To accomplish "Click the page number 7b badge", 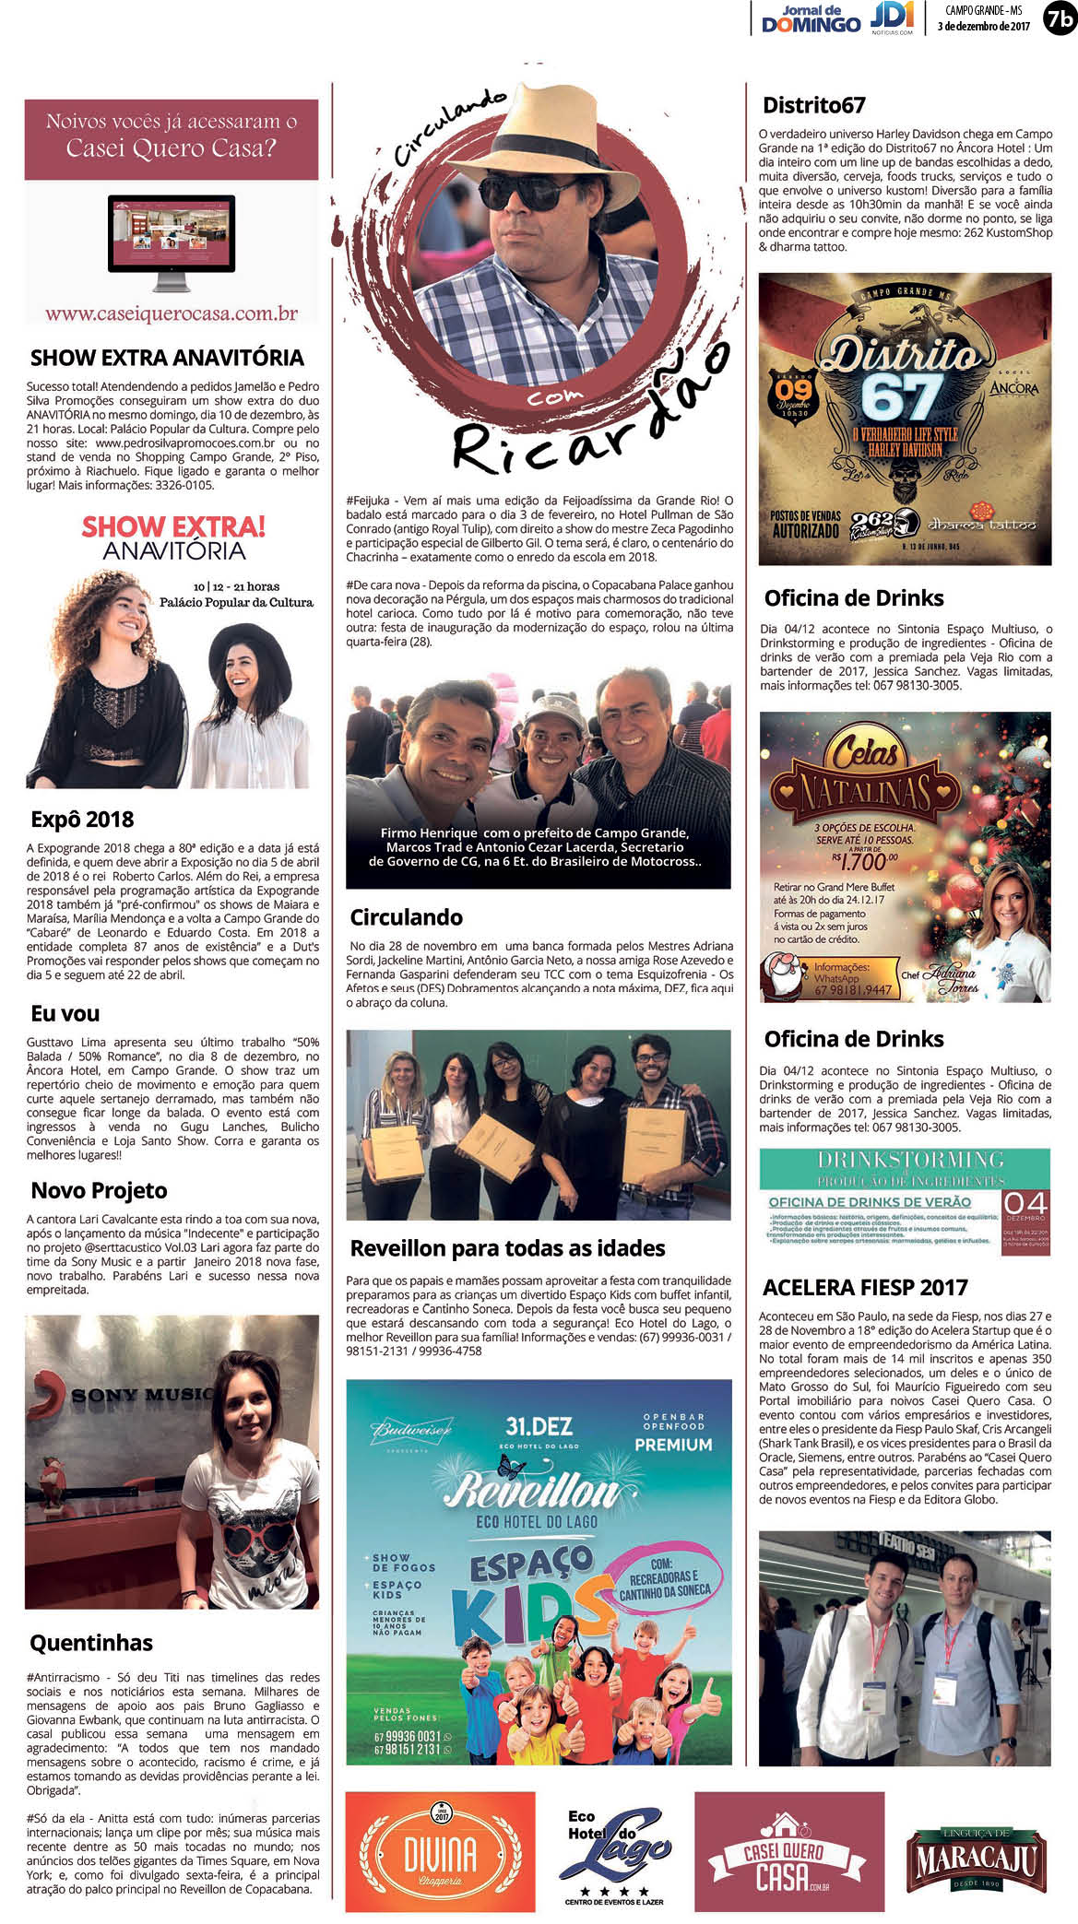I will tap(1059, 18).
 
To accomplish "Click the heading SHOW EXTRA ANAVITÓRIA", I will tap(167, 358).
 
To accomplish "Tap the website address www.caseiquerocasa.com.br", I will tap(172, 313).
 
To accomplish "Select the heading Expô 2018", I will tap(82, 820).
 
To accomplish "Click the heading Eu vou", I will tap(65, 1014).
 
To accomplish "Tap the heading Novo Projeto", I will tap(99, 1191).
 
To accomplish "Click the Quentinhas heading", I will tap(91, 1643).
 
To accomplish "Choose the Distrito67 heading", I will tap(813, 105).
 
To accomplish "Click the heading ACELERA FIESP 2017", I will tap(865, 1288).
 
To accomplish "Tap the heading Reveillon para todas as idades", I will tap(507, 1249).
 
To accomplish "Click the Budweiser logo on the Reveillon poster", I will tap(411, 1432).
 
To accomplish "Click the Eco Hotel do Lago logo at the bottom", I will tap(614, 1853).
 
